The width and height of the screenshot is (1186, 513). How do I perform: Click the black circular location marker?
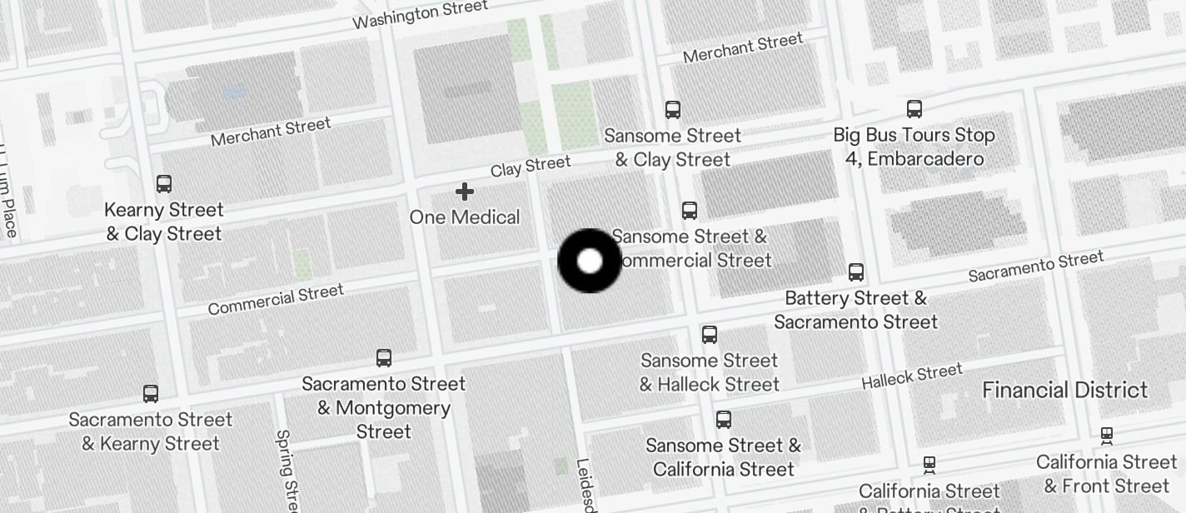[x=589, y=261]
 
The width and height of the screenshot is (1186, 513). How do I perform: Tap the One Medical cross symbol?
[x=465, y=192]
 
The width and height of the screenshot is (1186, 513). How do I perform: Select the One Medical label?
[x=465, y=217]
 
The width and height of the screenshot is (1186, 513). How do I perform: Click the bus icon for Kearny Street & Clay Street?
[x=164, y=184]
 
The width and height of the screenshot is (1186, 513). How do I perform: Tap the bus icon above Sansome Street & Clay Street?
[x=672, y=109]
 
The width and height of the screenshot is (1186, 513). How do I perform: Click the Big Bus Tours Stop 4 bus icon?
[x=914, y=108]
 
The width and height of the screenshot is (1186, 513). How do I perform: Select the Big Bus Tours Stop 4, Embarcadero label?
[x=914, y=147]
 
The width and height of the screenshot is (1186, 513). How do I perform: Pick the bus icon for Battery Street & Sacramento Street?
[x=856, y=271]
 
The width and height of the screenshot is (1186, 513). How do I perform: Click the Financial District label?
[x=1065, y=390]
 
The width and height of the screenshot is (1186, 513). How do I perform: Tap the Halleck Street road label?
[x=912, y=376]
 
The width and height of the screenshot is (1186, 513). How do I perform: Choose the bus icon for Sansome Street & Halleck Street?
[x=710, y=335]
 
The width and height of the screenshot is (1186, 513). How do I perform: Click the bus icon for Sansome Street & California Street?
[x=724, y=419]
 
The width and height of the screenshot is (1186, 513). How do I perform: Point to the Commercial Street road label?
[x=276, y=301]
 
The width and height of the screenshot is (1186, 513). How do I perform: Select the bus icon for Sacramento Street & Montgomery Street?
[x=384, y=358]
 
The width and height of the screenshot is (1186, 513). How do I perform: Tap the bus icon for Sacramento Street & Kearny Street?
[x=151, y=394]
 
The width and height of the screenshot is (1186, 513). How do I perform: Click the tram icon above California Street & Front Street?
[x=1107, y=436]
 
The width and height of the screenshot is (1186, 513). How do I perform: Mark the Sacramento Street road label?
[x=1036, y=266]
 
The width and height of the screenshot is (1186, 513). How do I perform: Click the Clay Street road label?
[x=531, y=167]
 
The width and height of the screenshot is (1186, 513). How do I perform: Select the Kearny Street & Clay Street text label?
[x=164, y=222]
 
